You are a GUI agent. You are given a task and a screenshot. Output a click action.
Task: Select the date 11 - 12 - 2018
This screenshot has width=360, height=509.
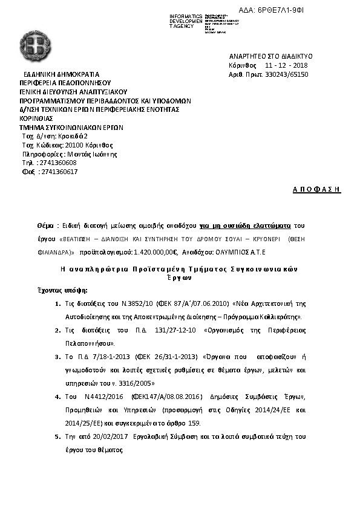tap(286, 65)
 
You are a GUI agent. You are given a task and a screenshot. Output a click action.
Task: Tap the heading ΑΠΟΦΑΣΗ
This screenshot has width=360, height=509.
tap(316, 190)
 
